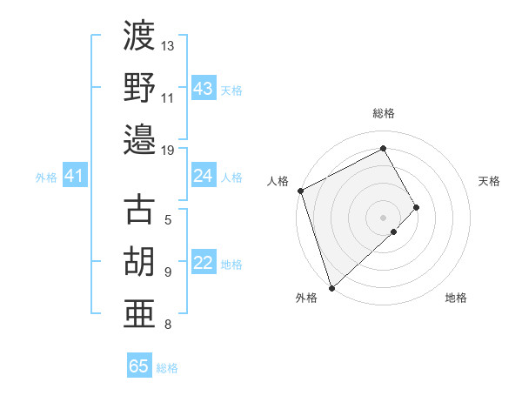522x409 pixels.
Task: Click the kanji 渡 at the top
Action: click(139, 37)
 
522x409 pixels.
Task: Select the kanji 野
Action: click(139, 87)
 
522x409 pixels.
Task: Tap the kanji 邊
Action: click(139, 138)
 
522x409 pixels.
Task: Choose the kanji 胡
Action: click(139, 261)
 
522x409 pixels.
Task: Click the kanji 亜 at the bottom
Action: click(139, 312)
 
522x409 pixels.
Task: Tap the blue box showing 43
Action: click(204, 89)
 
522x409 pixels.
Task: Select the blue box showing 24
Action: click(204, 177)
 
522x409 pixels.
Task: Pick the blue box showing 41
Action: click(74, 177)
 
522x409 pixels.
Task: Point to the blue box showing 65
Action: click(139, 366)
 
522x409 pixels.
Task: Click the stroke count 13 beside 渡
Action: click(168, 45)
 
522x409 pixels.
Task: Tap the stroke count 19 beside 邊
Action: click(168, 150)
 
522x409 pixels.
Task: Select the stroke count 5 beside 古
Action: click(168, 220)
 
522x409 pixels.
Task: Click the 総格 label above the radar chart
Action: click(384, 113)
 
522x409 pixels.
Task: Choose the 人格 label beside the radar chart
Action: click(278, 181)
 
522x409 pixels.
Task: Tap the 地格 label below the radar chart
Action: click(456, 298)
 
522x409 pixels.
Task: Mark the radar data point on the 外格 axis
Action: click(331, 286)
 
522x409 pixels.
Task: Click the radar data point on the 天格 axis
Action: click(417, 207)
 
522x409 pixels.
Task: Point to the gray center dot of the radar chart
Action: click(383, 216)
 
